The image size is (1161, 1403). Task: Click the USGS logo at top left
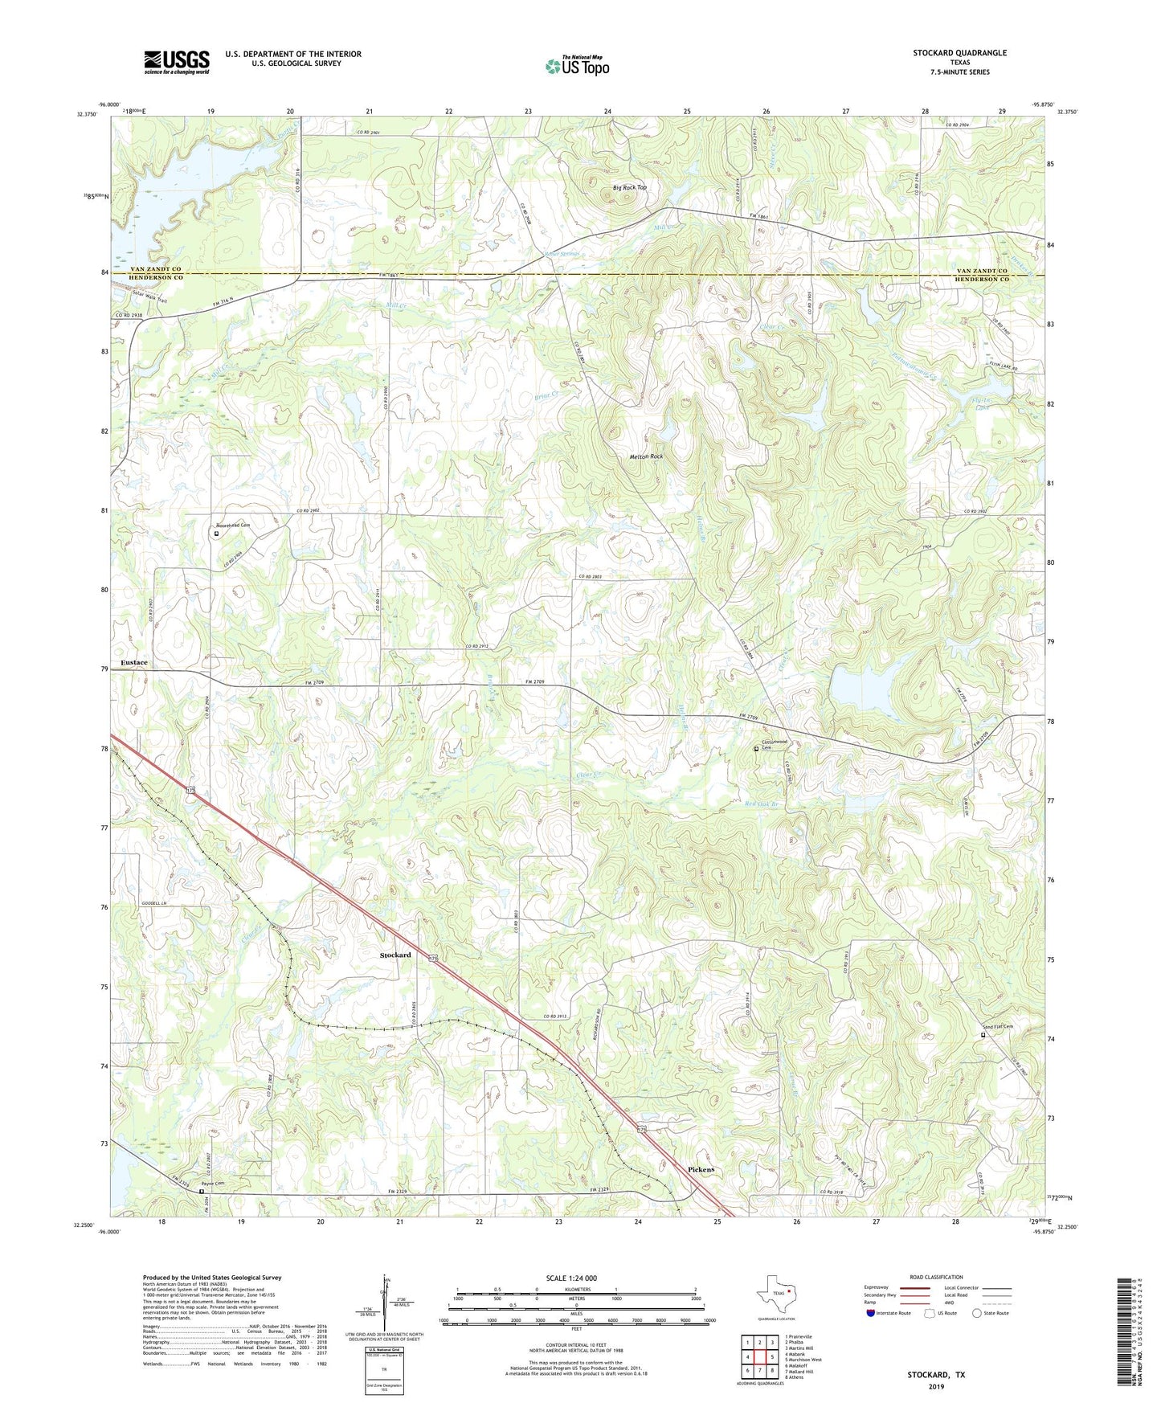tap(177, 62)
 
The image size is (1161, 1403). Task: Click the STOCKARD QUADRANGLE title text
tap(959, 53)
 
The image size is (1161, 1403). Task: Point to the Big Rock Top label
tap(629, 187)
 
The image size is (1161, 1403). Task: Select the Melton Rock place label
tap(646, 456)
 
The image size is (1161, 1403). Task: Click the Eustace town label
tap(134, 662)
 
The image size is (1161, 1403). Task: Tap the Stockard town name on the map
tap(395, 955)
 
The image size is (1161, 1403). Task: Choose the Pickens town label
tap(701, 1169)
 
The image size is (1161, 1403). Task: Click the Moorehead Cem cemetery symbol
tap(216, 533)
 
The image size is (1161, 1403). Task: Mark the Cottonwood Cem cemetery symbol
tap(755, 749)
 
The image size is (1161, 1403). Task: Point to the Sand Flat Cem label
tap(1000, 1027)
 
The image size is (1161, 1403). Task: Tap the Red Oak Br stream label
tap(762, 804)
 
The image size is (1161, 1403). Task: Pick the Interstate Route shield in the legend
tap(871, 1314)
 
